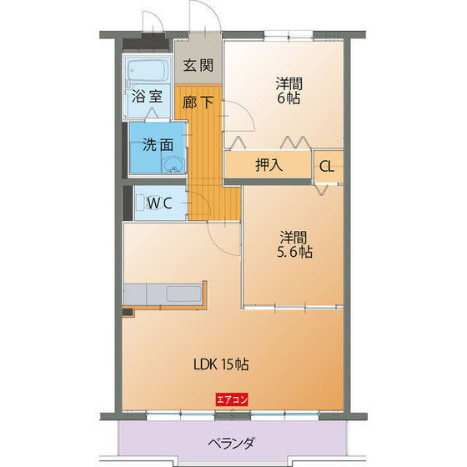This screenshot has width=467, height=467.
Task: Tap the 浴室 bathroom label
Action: coord(146,95)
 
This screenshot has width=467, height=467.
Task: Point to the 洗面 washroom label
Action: coord(157,143)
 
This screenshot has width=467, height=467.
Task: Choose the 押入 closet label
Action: coord(269,164)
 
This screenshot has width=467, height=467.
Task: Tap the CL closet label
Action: coord(327,165)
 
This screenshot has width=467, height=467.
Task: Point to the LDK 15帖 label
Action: coord(221,364)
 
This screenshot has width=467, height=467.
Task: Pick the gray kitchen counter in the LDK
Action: coord(167,294)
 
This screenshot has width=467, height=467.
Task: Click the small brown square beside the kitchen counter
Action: coord(127,313)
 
